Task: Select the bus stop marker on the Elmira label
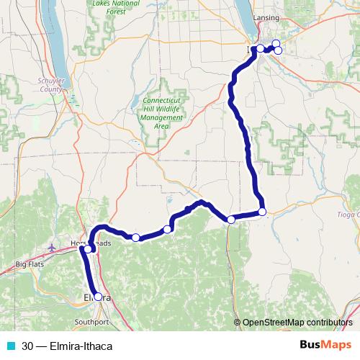(98, 297)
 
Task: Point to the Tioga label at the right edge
(348, 214)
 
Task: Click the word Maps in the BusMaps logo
(336, 345)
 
